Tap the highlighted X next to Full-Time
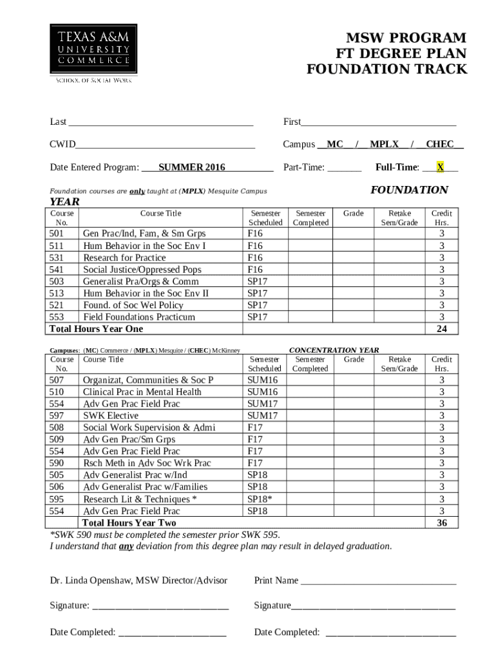[440, 167]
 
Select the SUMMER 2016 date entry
[192, 167]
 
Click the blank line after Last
[160, 122]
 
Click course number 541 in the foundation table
[57, 270]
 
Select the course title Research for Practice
[124, 258]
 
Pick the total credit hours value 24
[441, 329]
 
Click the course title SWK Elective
[111, 416]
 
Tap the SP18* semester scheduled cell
[260, 499]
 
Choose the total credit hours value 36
[441, 523]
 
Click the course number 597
[57, 416]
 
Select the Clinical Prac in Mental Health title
[142, 392]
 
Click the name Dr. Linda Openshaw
[90, 580]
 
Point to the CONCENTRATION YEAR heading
[334, 350]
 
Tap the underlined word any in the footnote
[126, 546]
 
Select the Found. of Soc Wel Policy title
[133, 305]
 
